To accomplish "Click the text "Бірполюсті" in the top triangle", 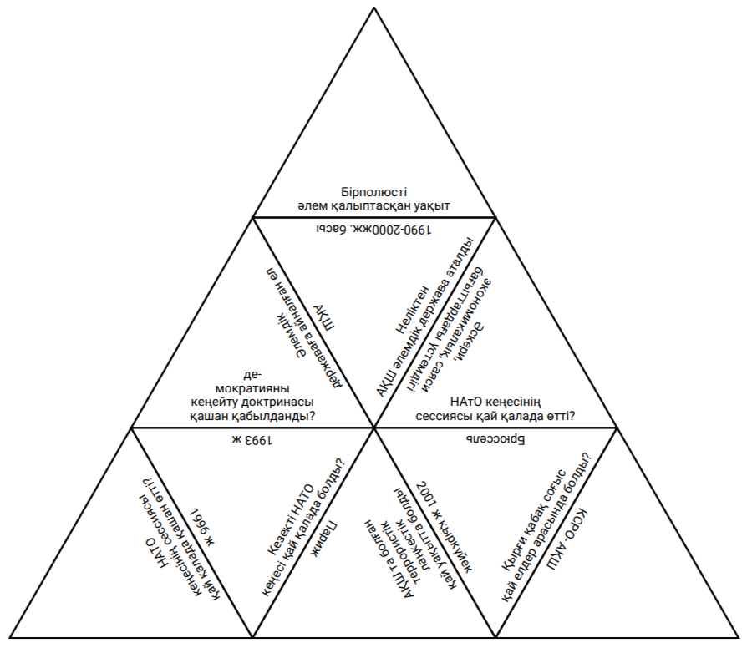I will (374, 190).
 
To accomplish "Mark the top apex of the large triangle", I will (374, 6).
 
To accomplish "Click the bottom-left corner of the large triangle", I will (9, 638).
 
